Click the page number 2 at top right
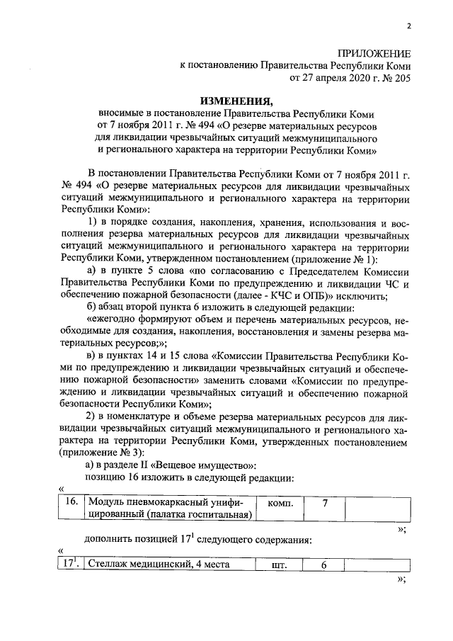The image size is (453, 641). (408, 28)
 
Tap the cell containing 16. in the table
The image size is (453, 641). (69, 502)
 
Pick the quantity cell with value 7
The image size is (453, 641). (325, 502)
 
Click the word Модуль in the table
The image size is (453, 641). (105, 502)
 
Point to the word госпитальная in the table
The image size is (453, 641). (218, 514)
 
